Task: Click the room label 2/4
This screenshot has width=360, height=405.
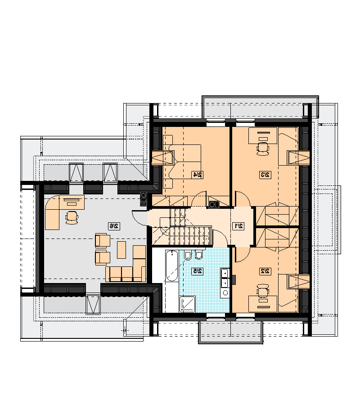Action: point(197,175)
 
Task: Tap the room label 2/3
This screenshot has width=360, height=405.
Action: point(265,175)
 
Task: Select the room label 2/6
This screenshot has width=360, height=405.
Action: point(114,226)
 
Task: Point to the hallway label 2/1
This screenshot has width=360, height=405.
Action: point(238,226)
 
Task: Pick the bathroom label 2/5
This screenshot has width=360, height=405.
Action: point(197,271)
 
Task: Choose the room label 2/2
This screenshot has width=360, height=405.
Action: point(265,271)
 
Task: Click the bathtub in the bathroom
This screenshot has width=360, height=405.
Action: point(172,265)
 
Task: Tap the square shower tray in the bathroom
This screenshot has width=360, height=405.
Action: point(188,304)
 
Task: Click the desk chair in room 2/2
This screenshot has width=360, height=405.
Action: point(263,291)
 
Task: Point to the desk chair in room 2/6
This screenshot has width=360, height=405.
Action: point(72,217)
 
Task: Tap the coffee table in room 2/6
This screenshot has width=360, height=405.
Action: point(121,250)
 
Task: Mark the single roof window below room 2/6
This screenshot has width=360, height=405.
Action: point(93,305)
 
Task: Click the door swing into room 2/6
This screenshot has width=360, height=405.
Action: point(139,218)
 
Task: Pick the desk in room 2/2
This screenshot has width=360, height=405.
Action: point(263,304)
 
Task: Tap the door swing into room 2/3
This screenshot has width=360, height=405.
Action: point(243,198)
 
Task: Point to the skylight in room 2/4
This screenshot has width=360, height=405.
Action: point(162,158)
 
